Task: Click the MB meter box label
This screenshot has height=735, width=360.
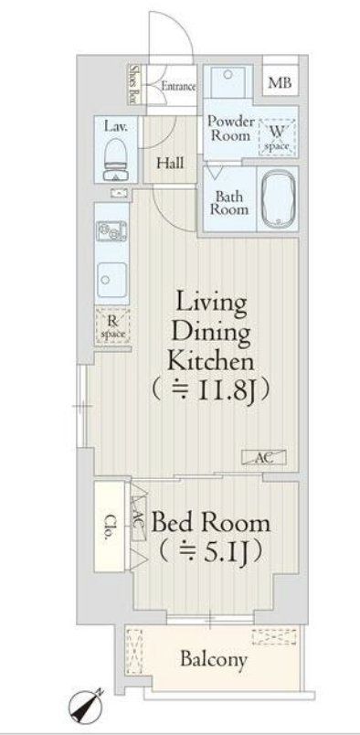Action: coord(280,83)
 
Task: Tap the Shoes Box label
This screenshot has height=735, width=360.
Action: coord(134,84)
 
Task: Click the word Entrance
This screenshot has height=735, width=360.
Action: coord(178,86)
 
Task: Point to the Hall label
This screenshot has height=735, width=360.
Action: coord(170,163)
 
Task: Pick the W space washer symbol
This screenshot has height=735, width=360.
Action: coord(277,137)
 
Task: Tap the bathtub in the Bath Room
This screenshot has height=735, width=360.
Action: coord(279,197)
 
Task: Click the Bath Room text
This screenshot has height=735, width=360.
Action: coord(228,203)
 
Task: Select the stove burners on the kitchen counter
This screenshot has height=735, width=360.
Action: coord(111,231)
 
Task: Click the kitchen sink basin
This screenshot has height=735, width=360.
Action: coord(111,280)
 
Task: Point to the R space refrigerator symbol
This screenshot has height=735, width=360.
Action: coord(112,326)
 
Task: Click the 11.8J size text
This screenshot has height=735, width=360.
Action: coord(211,389)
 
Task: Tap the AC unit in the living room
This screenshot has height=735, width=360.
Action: coord(264,457)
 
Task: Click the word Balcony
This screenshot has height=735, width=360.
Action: coord(214,660)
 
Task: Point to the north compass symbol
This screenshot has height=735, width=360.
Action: coord(85,707)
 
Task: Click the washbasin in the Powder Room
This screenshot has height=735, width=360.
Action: coord(228,81)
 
